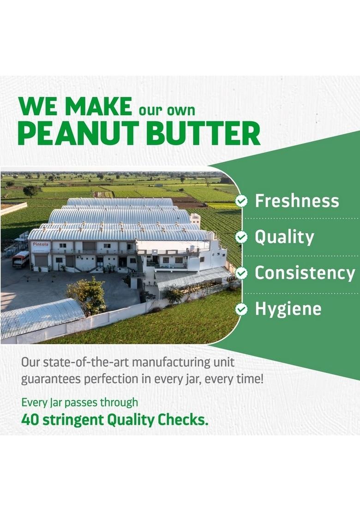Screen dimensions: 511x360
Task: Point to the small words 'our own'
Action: coord(167,110)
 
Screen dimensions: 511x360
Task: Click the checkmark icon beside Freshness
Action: coord(241,201)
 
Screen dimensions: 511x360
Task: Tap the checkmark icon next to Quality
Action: coord(241,237)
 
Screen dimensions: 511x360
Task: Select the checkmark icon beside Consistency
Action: coord(241,273)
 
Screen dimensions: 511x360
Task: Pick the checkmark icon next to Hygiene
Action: coord(241,309)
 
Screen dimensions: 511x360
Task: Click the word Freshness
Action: coord(297,201)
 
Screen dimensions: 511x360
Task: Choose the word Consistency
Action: coord(305,273)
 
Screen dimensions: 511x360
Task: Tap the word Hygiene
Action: coord(288,309)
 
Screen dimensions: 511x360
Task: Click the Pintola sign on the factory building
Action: coord(41,245)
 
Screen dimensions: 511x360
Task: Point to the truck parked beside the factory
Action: coord(20,259)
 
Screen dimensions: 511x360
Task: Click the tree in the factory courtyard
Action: coord(87,294)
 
